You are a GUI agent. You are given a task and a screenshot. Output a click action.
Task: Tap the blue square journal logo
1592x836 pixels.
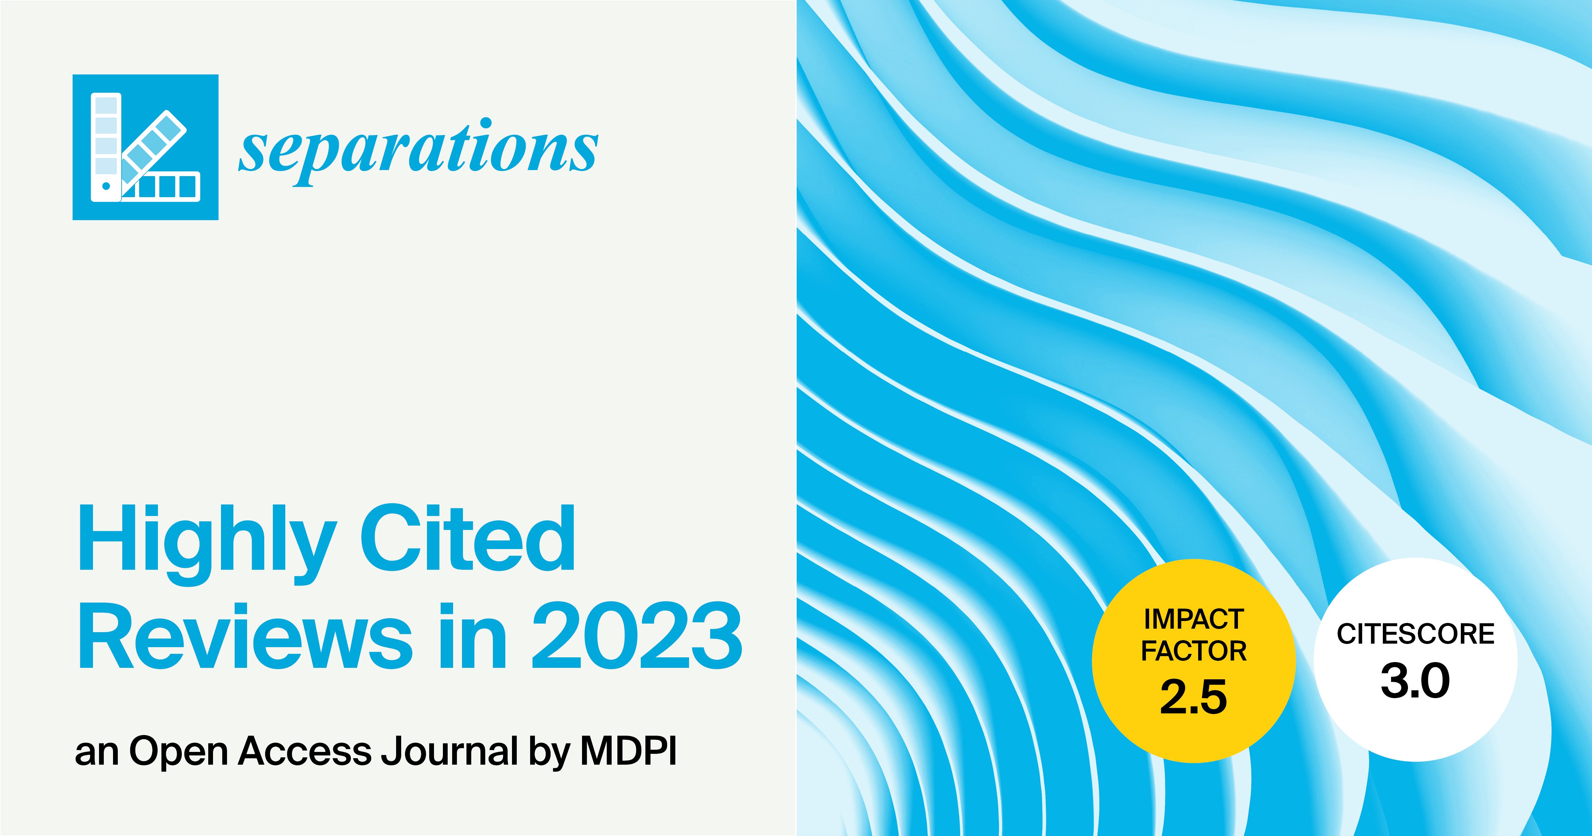point(145,147)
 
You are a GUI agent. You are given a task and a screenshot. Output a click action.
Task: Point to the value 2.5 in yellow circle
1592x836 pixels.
point(1193,697)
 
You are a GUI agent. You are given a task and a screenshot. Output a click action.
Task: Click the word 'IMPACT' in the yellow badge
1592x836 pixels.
point(1193,619)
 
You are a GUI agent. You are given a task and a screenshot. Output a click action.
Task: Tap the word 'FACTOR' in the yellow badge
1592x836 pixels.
point(1193,651)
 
